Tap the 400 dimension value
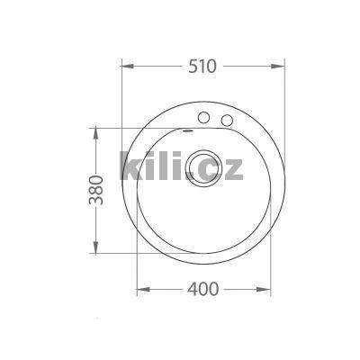206,290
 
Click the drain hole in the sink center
194,166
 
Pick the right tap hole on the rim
227,120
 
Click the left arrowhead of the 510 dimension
124,66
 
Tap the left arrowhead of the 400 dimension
140,290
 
